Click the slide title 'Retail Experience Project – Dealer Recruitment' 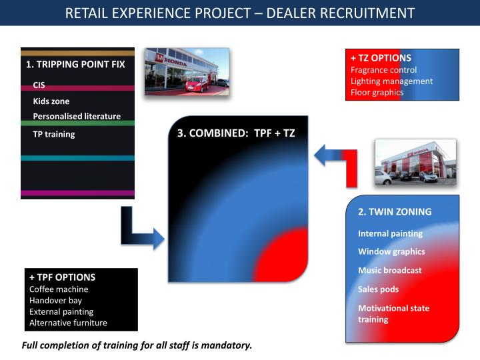coord(240,13)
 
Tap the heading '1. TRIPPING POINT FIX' coord(75,64)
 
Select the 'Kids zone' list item coord(51,101)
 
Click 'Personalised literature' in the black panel coord(77,116)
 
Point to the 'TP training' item coord(54,135)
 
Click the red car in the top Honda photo coord(197,84)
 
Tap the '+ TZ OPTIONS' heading coord(381,58)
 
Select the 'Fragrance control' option coord(383,70)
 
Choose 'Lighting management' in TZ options coord(391,81)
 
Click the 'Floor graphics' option coord(377,93)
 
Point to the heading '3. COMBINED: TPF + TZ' coord(236,133)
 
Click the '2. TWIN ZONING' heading coord(395,212)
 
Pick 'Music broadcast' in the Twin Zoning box coord(390,270)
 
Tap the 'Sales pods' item coord(379,289)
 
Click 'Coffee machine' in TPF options coord(59,289)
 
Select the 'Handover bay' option coord(56,301)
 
